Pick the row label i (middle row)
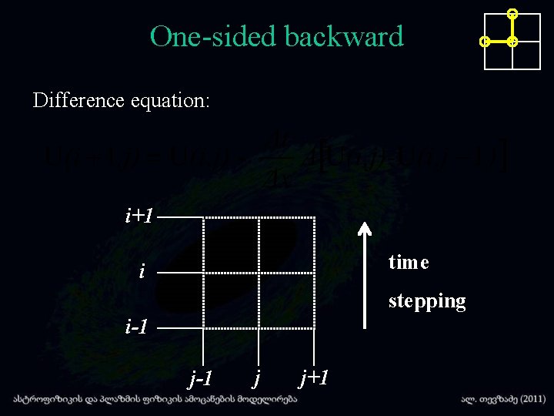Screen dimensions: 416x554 coord(142,271)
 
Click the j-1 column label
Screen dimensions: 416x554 coord(202,377)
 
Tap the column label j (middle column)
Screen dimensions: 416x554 coord(257,377)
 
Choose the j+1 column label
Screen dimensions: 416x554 coord(315,377)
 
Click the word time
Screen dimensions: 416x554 coord(409,263)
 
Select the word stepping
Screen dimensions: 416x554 coord(427,300)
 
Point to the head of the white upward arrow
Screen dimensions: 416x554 coord(365,227)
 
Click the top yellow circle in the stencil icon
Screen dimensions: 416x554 coord(513,14)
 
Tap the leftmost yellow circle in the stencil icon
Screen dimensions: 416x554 coord(484,42)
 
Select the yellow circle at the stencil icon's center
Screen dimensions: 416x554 coord(513,42)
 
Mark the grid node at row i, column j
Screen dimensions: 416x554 coord(259,273)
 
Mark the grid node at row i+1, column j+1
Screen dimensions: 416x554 coord(315,219)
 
